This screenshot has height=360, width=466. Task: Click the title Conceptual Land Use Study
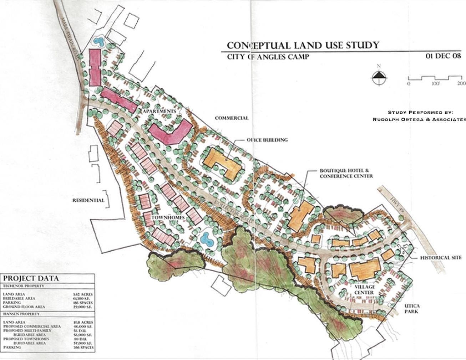pyautogui.click(x=303, y=46)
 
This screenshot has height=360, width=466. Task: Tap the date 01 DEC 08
pyautogui.click(x=443, y=56)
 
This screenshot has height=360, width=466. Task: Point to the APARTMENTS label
pyautogui.click(x=159, y=111)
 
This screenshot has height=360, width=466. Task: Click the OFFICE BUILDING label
pyautogui.click(x=267, y=140)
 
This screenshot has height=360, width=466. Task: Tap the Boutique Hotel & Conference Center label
pyautogui.click(x=346, y=174)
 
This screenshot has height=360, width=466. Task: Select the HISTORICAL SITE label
pyautogui.click(x=441, y=258)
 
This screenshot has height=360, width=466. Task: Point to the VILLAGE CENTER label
pyautogui.click(x=364, y=290)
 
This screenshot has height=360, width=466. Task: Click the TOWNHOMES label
pyautogui.click(x=168, y=218)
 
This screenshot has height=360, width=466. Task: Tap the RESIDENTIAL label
pyautogui.click(x=88, y=200)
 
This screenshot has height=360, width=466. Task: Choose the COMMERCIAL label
pyautogui.click(x=232, y=118)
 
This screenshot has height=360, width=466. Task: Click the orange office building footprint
pyautogui.click(x=221, y=163)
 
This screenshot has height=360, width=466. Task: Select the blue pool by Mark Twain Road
pyautogui.click(x=98, y=41)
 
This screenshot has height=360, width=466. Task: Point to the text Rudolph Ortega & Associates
pyautogui.click(x=419, y=119)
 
